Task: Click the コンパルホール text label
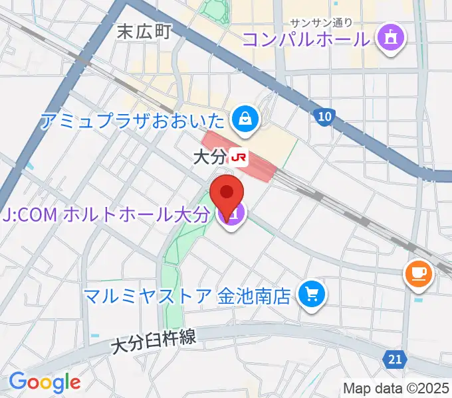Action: tap(305, 38)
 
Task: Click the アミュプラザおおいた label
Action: tap(133, 121)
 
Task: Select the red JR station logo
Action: tap(239, 157)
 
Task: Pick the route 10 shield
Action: tap(323, 117)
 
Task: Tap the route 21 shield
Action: tap(395, 359)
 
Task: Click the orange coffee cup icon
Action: tap(419, 272)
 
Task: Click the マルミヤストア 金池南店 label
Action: tap(187, 294)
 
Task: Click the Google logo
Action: tap(44, 382)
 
